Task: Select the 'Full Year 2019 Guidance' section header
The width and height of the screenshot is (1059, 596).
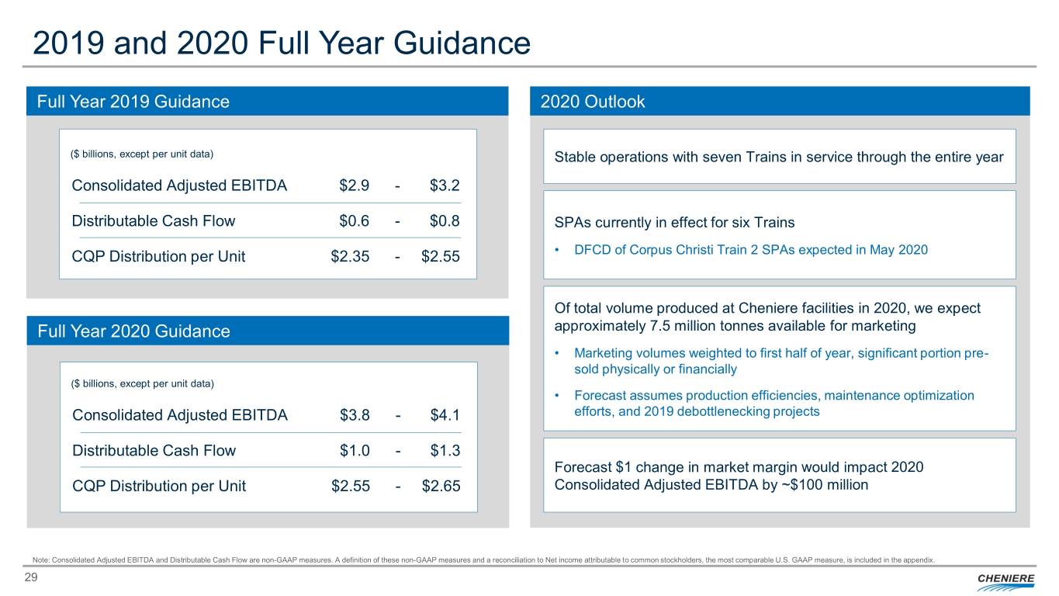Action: point(133,102)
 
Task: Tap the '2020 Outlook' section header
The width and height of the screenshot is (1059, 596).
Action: point(592,102)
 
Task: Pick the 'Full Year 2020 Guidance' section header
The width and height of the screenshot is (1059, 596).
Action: point(133,331)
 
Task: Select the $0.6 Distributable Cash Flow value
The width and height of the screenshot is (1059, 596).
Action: point(354,220)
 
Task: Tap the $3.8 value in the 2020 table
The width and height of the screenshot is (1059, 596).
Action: point(355,415)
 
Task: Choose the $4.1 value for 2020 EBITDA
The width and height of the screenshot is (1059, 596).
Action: point(445,415)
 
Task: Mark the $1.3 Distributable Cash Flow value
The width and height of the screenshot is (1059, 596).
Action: point(445,450)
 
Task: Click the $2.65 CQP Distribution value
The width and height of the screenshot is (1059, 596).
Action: point(441,486)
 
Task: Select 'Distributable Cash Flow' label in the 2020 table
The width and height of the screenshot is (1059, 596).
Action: point(154,450)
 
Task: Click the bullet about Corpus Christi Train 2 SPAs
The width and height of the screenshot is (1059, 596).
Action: point(750,250)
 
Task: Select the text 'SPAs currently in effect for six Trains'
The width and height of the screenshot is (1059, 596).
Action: point(674,223)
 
